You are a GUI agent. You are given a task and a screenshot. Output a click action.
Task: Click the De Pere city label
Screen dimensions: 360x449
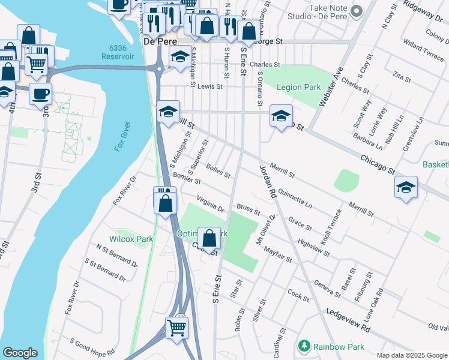tap(158, 41)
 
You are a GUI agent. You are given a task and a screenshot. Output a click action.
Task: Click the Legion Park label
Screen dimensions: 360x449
tap(298, 87)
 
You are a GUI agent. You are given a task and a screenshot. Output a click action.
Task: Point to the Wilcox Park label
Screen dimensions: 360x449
tap(131, 239)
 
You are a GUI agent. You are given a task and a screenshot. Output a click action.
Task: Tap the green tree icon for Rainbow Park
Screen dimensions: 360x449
tap(305, 347)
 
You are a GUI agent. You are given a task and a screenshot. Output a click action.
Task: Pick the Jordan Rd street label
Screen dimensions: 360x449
tap(267, 182)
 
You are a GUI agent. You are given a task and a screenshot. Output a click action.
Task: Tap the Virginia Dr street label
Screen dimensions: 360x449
tap(211, 205)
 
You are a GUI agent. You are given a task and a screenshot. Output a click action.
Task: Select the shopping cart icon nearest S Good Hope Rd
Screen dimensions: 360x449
tap(176, 328)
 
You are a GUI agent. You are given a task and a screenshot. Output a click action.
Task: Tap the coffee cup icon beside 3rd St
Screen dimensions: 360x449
tap(40, 94)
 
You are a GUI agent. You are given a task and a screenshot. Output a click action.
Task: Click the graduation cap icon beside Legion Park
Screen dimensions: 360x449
tap(280, 116)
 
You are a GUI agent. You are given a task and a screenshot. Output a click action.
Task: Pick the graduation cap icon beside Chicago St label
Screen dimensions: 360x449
tap(406, 187)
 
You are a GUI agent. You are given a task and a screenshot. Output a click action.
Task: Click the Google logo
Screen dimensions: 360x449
tap(20, 353)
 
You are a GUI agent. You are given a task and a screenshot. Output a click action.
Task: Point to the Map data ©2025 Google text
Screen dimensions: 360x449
tap(412, 355)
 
